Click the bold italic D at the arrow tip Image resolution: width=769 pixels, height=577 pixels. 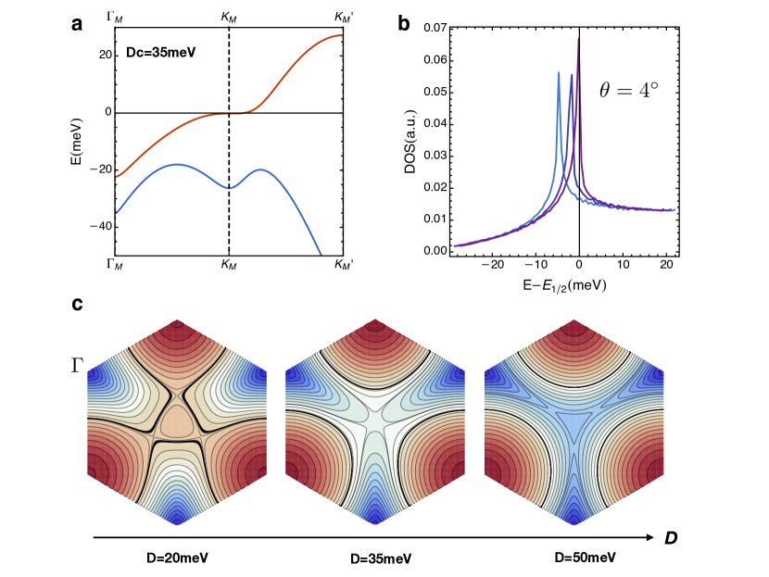[672, 536]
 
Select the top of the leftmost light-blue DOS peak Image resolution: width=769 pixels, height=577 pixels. [559, 72]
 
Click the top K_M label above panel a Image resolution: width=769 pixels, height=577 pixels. [228, 16]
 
